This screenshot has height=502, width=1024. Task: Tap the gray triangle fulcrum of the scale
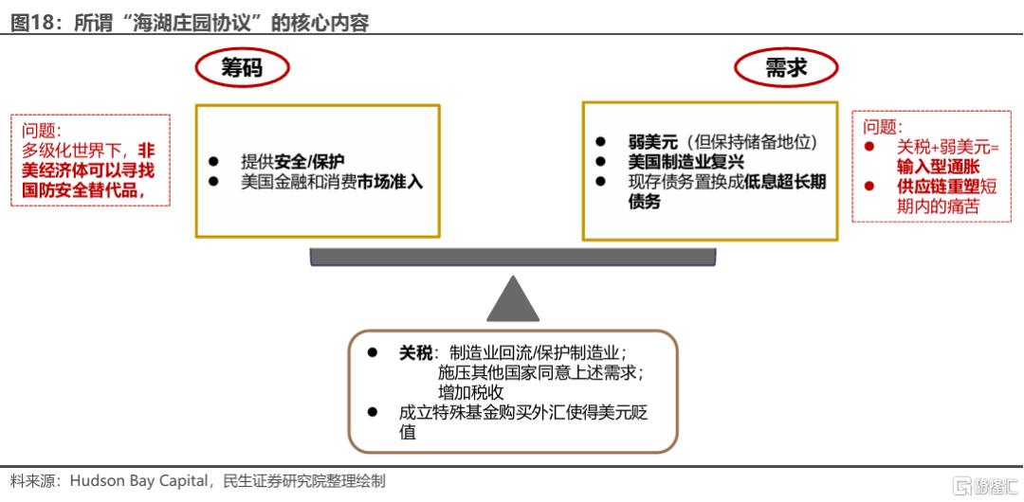pos(513,298)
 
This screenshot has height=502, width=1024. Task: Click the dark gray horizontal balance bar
pos(513,257)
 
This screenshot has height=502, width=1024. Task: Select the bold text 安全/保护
pos(309,162)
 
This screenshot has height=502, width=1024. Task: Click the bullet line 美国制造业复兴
pos(686,162)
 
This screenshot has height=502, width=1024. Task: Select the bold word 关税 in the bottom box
pos(415,353)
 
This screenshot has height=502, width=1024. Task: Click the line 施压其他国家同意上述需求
pos(541,373)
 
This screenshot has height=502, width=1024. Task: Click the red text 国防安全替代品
pos(80,190)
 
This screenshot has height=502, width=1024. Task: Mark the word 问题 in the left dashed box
pos(39,129)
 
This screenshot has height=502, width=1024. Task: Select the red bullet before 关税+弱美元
pos(869,147)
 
